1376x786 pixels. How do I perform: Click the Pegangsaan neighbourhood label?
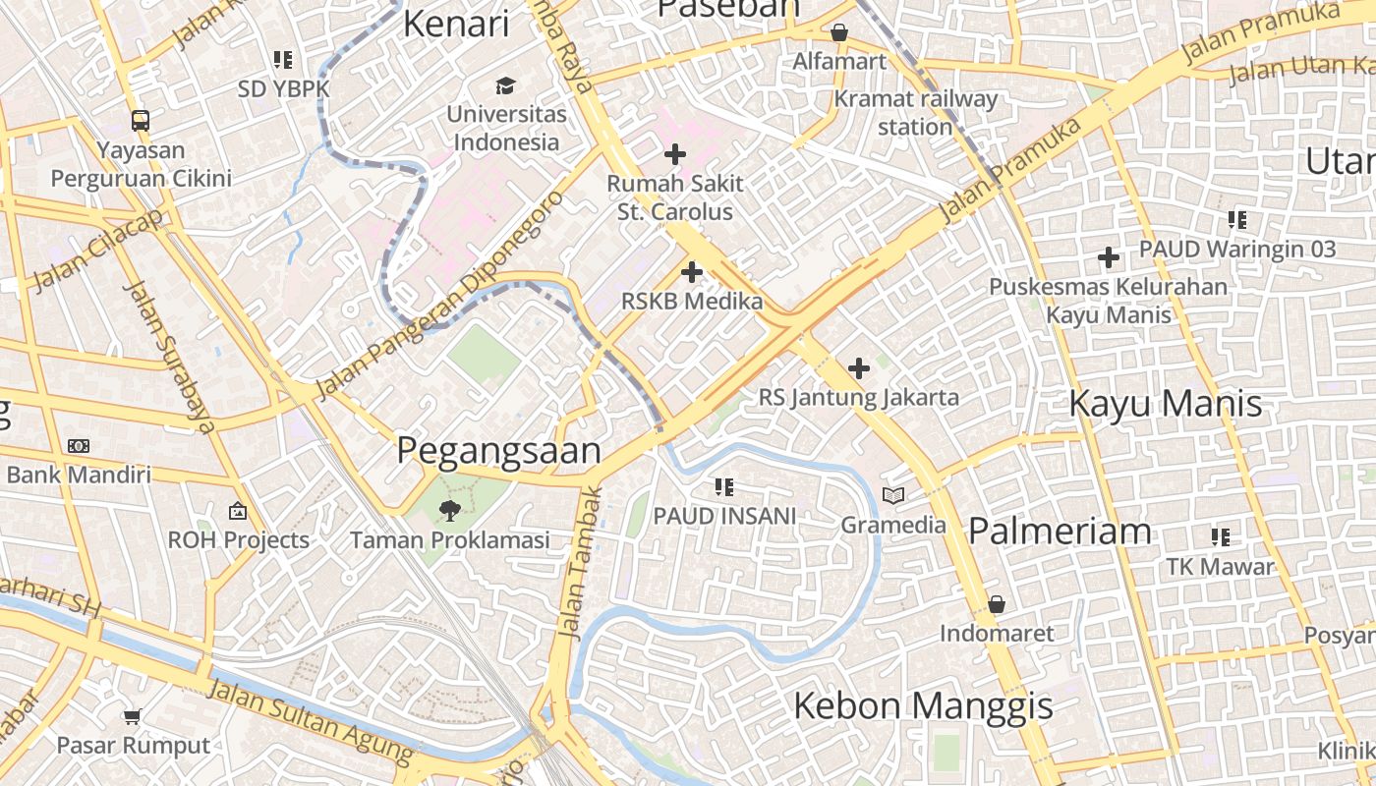498,451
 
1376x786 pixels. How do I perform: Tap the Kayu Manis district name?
1165,404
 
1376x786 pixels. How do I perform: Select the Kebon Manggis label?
922,705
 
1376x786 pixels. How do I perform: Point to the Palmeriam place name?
1060,532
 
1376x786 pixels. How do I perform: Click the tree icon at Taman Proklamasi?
450,509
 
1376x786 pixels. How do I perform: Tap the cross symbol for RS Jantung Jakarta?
859,368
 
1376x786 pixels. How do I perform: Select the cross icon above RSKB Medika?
692,272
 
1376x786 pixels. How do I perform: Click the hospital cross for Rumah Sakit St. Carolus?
675,154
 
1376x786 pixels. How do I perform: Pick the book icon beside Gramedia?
892,496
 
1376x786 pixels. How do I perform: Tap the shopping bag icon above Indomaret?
997,604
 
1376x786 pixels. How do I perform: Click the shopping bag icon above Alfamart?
839,32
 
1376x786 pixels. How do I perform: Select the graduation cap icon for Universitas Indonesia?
506,85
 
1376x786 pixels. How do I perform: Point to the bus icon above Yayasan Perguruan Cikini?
141,121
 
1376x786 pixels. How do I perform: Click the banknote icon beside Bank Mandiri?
79,446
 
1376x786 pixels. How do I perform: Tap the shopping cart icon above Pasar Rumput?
133,716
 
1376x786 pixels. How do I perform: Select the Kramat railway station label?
915,112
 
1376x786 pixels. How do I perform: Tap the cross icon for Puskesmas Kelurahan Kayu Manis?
1109,258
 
